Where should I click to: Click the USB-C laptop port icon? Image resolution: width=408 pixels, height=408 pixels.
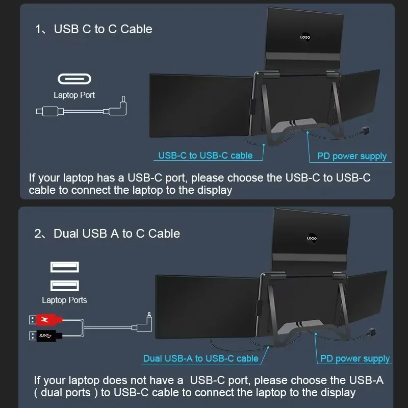click(x=74, y=79)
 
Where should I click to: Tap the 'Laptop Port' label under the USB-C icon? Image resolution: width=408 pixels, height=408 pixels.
click(x=74, y=95)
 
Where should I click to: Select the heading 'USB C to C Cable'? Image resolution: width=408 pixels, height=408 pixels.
click(x=103, y=29)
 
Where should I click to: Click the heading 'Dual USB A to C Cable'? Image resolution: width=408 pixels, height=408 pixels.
click(x=117, y=234)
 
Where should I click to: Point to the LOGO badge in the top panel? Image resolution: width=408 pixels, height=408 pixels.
click(x=305, y=37)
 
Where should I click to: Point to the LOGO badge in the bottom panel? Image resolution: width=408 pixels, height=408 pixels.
click(x=312, y=238)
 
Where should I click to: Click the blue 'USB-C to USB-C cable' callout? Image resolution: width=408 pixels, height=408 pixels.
click(x=206, y=156)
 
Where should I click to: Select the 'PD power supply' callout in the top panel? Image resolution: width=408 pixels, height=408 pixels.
click(x=352, y=156)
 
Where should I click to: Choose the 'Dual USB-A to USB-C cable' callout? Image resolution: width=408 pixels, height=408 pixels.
click(x=200, y=359)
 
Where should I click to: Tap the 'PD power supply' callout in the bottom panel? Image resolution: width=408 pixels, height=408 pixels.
click(x=355, y=359)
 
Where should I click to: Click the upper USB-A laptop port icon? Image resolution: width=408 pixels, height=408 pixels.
click(x=65, y=267)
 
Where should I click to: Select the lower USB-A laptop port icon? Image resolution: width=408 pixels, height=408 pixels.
click(x=65, y=286)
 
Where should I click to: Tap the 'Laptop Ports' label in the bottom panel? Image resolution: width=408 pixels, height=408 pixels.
click(x=65, y=300)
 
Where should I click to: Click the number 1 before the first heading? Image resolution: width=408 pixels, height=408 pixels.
click(x=38, y=29)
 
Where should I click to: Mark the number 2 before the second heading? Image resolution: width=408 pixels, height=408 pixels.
click(x=38, y=234)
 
